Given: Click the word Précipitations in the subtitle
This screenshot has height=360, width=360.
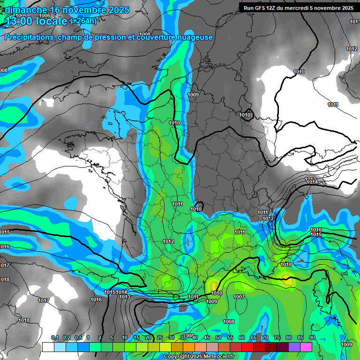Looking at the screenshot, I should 28,37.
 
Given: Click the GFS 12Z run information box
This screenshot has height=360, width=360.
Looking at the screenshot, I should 298,8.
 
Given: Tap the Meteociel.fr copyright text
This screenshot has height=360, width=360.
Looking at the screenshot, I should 199,357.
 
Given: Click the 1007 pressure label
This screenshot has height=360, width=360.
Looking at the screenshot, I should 239,297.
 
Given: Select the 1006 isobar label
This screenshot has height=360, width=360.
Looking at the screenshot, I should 45,15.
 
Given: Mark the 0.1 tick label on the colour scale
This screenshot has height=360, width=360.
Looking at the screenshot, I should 54,338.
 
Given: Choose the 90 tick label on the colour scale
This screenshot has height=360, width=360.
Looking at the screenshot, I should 312,338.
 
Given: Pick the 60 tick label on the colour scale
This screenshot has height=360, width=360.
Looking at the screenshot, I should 242,338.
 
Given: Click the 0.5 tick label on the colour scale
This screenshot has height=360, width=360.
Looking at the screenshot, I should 78,338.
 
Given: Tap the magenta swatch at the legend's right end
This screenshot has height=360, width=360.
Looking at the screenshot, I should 306,347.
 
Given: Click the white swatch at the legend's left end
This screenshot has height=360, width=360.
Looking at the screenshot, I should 48,347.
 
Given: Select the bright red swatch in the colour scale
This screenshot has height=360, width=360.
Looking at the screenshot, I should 247,347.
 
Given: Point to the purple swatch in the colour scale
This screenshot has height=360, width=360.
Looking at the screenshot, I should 294,347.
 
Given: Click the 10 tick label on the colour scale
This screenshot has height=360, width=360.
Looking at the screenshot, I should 125,338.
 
